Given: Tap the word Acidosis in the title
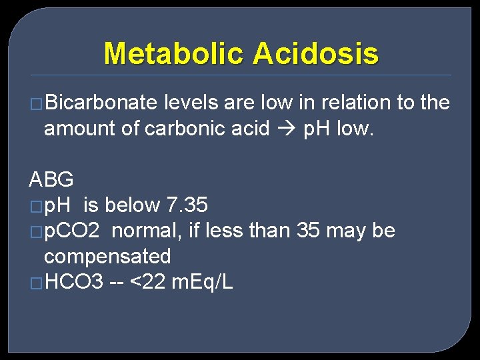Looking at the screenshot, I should pos(315,53).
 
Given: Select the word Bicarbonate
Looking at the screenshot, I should pos(101,103).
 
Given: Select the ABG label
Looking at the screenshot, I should pos(51,180).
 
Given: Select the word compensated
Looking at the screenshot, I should pos(107,257).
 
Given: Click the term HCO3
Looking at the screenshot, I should pos(74,282).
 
